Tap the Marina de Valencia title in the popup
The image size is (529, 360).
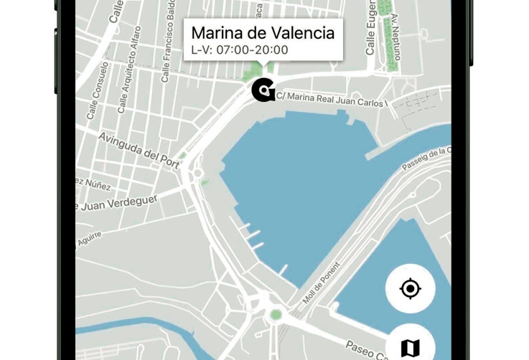(263, 33)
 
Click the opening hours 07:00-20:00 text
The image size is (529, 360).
(240, 50)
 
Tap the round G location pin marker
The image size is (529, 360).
(263, 90)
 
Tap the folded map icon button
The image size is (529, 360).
(410, 347)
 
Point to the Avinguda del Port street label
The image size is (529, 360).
(139, 149)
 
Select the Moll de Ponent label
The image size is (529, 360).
(321, 282)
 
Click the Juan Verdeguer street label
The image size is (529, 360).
(116, 203)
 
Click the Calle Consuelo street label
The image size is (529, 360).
(98, 90)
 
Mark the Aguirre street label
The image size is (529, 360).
(90, 239)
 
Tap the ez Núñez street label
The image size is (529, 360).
(93, 184)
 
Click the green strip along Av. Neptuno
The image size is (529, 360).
(388, 36)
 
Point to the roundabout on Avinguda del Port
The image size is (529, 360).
(198, 173)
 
